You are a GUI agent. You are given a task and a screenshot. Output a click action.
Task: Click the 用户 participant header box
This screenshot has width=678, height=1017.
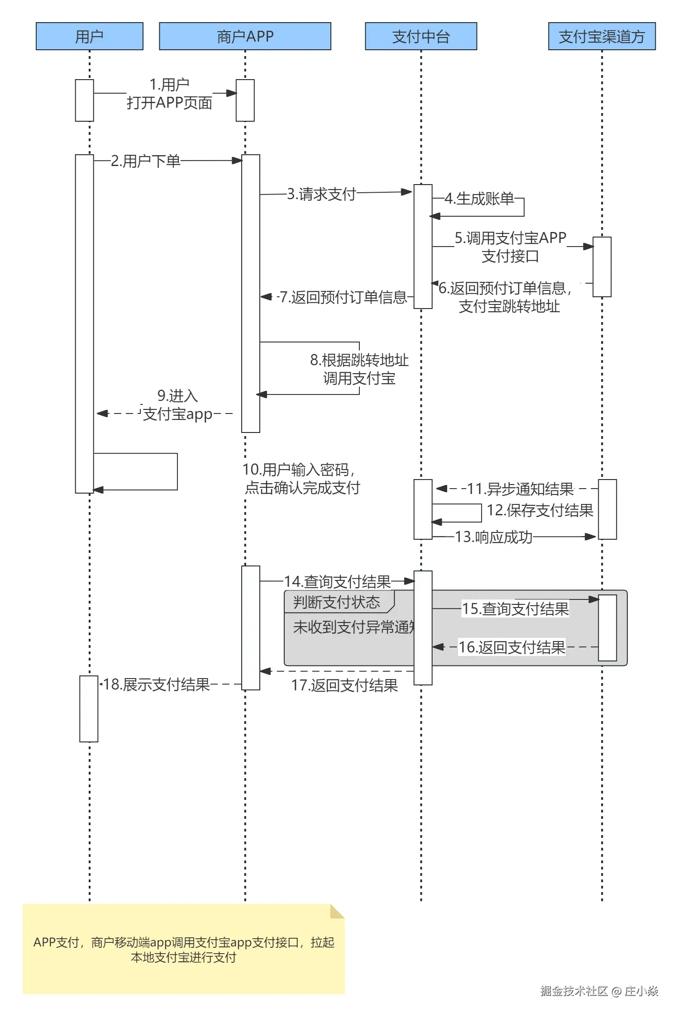pyautogui.click(x=90, y=36)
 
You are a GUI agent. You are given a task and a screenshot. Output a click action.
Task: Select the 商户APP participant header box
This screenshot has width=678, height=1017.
pyautogui.click(x=245, y=36)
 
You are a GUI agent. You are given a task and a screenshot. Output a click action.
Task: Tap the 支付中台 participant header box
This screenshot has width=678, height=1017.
pyautogui.click(x=421, y=36)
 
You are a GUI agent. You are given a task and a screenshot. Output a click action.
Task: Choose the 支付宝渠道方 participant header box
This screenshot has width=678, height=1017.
pyautogui.click(x=602, y=36)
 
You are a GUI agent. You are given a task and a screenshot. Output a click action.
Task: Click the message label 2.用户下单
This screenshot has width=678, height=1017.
pyautogui.click(x=145, y=161)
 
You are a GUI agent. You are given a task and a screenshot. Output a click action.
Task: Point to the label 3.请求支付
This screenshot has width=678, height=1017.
pyautogui.click(x=321, y=194)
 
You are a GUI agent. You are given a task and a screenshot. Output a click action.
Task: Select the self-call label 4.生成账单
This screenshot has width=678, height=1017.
pyautogui.click(x=479, y=199)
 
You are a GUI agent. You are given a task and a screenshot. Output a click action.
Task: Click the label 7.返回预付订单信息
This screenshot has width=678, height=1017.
pyautogui.click(x=343, y=297)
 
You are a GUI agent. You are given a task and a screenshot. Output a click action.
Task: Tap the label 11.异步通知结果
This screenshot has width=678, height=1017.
pyautogui.click(x=520, y=489)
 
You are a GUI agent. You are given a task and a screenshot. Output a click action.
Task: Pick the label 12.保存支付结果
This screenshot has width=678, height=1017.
pyautogui.click(x=540, y=510)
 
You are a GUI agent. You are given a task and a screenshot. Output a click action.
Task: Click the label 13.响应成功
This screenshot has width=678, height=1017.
pyautogui.click(x=493, y=537)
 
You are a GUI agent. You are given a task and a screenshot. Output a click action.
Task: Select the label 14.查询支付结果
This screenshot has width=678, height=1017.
pyautogui.click(x=337, y=582)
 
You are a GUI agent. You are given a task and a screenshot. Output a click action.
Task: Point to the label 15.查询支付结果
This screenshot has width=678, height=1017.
pyautogui.click(x=515, y=609)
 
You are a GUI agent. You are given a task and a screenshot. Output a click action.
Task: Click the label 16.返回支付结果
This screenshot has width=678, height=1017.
pyautogui.click(x=512, y=647)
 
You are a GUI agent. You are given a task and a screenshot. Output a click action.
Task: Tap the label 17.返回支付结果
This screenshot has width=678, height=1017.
pyautogui.click(x=344, y=685)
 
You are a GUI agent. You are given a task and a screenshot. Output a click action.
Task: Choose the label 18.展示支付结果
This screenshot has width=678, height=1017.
pyautogui.click(x=156, y=684)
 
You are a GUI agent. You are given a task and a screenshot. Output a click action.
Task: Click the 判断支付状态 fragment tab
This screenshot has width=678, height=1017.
pyautogui.click(x=337, y=602)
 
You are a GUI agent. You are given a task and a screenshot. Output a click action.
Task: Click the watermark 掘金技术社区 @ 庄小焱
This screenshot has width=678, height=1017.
pyautogui.click(x=599, y=991)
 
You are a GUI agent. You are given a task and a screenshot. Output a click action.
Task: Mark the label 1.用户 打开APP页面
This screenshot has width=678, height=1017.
pyautogui.click(x=169, y=94)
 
